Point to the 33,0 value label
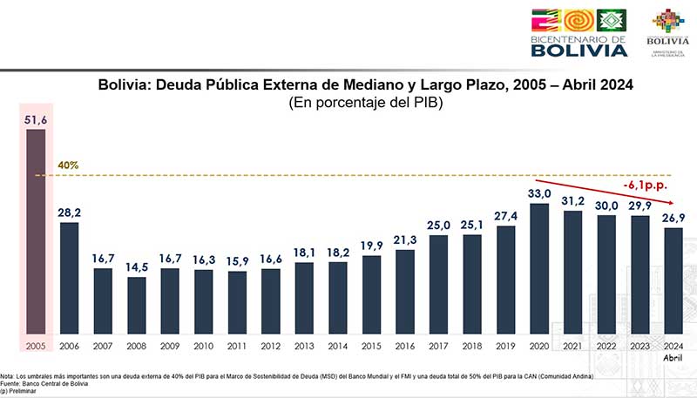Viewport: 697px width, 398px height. [x=539, y=193]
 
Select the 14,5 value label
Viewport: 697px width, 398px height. [x=137, y=267]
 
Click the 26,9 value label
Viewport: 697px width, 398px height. [x=673, y=218]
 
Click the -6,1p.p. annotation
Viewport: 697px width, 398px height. [x=645, y=185]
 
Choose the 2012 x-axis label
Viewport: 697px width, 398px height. [x=271, y=345]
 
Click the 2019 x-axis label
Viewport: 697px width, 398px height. [x=505, y=345]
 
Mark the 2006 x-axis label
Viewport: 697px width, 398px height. [x=70, y=345]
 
